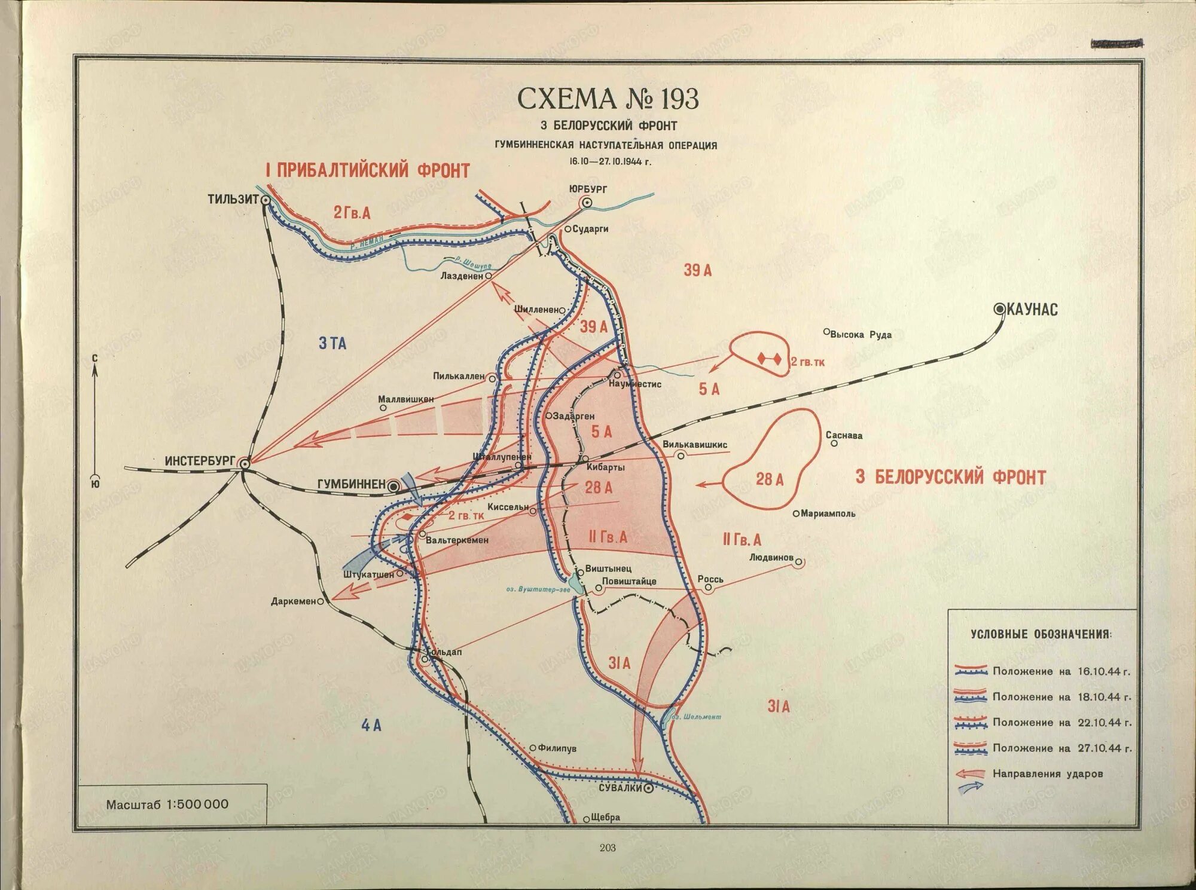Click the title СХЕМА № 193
pos(608,99)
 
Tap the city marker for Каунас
pos(999,309)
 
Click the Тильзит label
pos(233,199)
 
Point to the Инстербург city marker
pos(245,463)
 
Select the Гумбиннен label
pos(351,484)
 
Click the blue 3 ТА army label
pos(332,343)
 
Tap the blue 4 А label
pos(371,726)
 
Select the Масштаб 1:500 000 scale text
pos(167,805)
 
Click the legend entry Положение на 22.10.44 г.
pos(1061,723)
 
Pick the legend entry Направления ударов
pos(1048,774)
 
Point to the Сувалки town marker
pos(648,788)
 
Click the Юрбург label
pos(588,189)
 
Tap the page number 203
pos(607,848)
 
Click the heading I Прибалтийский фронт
pos(367,170)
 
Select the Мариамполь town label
pos(828,513)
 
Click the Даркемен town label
pos(293,601)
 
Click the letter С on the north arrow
pos(94,358)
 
